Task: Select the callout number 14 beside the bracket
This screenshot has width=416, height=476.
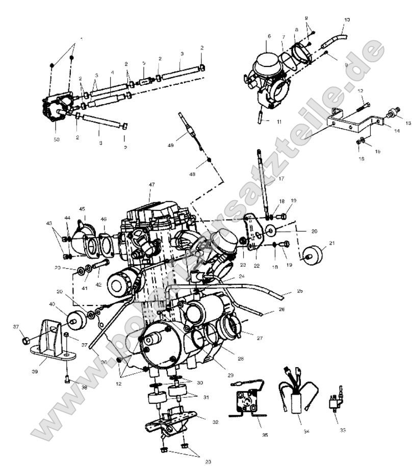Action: (397, 131)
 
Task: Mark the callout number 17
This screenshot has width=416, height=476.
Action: (281, 179)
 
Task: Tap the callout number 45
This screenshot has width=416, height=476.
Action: (82, 209)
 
